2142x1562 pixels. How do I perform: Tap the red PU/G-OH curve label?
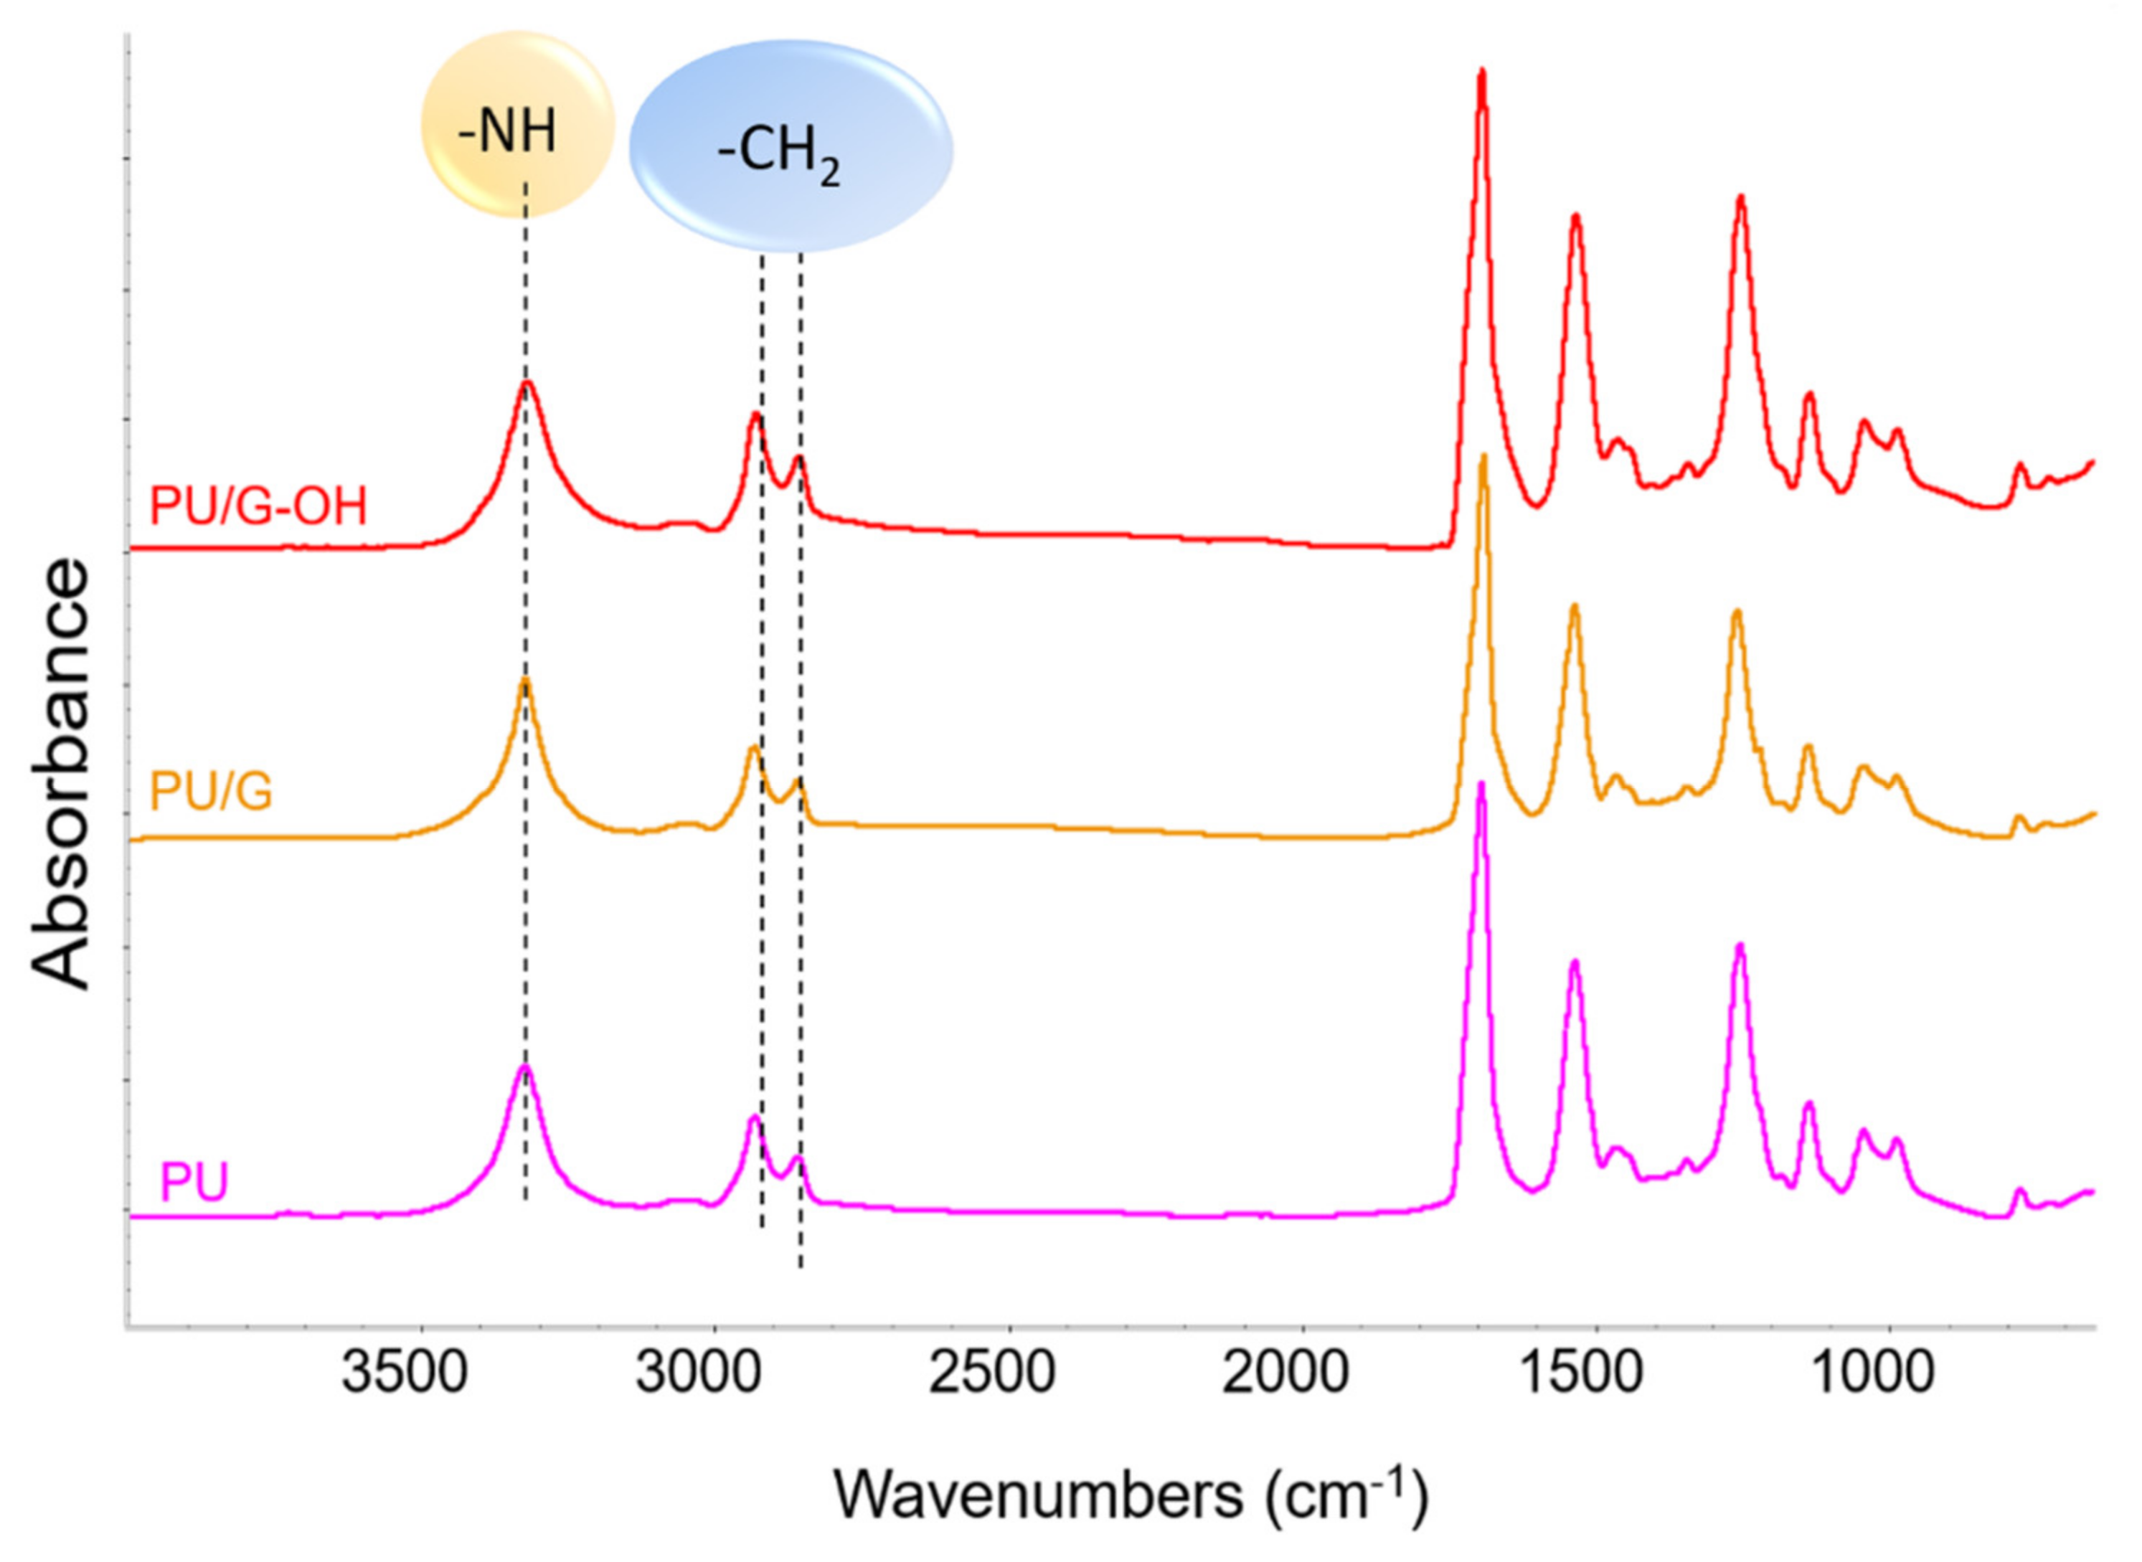(x=258, y=507)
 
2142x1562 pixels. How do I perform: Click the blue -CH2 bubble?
(x=791, y=146)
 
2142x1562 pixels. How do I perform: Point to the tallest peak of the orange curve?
(x=1483, y=458)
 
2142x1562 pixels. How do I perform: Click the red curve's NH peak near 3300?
(x=527, y=383)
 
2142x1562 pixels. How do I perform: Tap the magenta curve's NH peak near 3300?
(x=524, y=1066)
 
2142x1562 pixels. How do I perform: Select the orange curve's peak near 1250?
(x=1736, y=612)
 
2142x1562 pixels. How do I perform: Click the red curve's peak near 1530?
(x=1575, y=217)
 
